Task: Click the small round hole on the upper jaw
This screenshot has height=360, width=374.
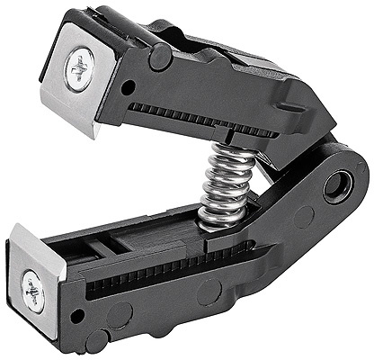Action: click(129, 87)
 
